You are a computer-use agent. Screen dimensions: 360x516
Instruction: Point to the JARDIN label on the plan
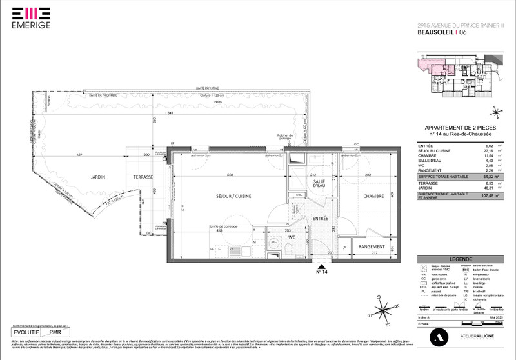[98, 177]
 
